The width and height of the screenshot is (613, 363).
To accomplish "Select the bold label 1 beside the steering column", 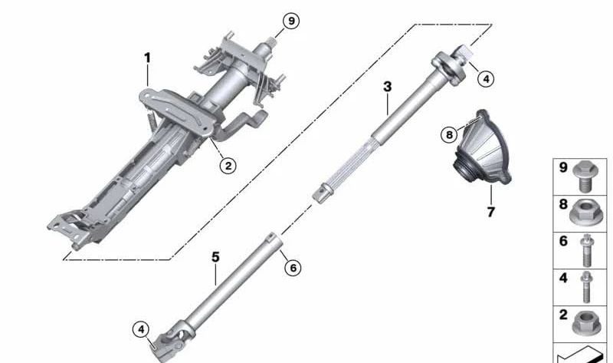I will pyautogui.click(x=147, y=58).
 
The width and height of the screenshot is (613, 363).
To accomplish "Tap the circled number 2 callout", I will pyautogui.click(x=227, y=164).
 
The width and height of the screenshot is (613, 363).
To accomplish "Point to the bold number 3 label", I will pyautogui.click(x=388, y=87).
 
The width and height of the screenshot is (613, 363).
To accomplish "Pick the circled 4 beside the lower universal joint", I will pyautogui.click(x=140, y=329).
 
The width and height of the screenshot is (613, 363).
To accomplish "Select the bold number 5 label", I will pyautogui.click(x=215, y=256).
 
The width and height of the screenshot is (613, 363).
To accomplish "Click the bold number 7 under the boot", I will pyautogui.click(x=490, y=211).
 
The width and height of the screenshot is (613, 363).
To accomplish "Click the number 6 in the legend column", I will pyautogui.click(x=562, y=240).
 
